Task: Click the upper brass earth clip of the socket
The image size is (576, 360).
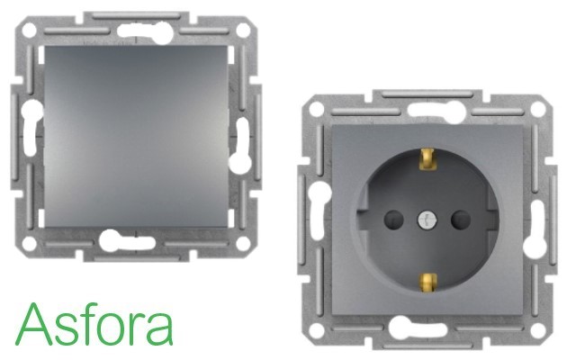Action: [x=428, y=158]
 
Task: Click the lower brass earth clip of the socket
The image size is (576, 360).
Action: [x=428, y=283]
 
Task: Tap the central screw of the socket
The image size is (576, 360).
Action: [x=426, y=220]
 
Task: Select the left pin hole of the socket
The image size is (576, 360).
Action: [x=393, y=220]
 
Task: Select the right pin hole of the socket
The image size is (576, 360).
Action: [x=461, y=220]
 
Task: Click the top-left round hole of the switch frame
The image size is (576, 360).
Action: [x=29, y=30]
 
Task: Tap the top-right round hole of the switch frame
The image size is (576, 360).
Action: [x=243, y=31]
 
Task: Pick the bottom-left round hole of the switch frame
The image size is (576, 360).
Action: [x=29, y=244]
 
